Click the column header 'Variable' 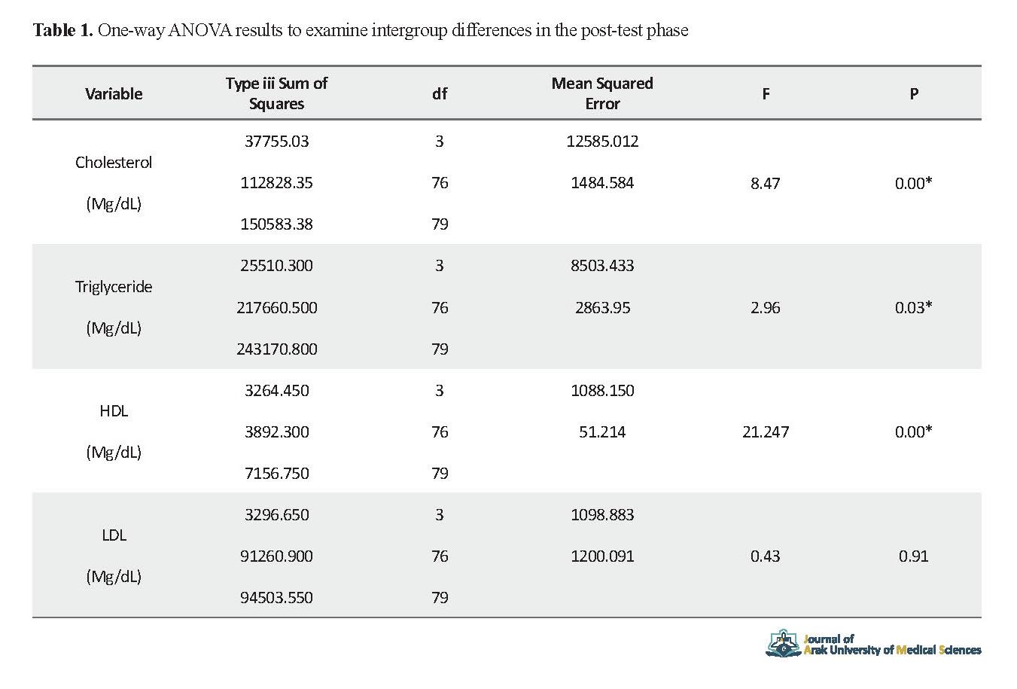tap(114, 93)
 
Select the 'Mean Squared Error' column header tap(602, 93)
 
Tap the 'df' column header tap(440, 93)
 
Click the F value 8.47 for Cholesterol tap(765, 183)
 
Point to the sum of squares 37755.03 tap(276, 142)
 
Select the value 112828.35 tap(276, 182)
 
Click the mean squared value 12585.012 tap(602, 142)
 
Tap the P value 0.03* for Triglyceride tap(913, 307)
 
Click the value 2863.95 tap(602, 307)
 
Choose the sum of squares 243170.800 tap(276, 349)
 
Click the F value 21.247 tap(766, 431)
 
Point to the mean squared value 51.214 tap(602, 431)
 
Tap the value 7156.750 tap(276, 473)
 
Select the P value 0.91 tap(913, 556)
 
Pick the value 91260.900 tap(276, 556)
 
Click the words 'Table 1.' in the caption tap(63, 30)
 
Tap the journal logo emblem tap(783, 643)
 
